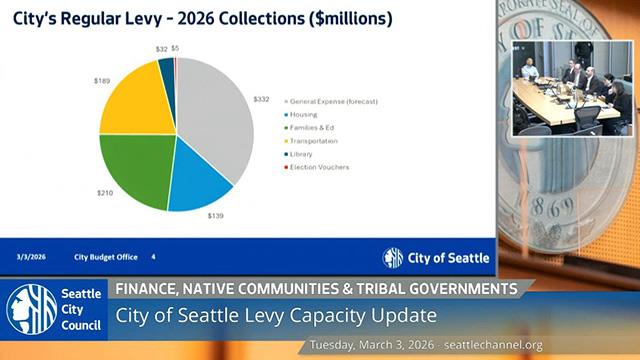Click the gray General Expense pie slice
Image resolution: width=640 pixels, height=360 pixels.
pyautogui.click(x=215, y=115)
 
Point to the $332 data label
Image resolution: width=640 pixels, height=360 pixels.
pyautogui.click(x=261, y=99)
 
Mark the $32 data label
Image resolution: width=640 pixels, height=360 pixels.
pyautogui.click(x=161, y=48)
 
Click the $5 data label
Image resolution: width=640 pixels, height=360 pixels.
pyautogui.click(x=175, y=47)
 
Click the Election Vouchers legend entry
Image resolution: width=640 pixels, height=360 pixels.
pyautogui.click(x=319, y=166)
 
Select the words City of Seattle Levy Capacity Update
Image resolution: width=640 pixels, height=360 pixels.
pyautogui.click(x=275, y=316)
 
